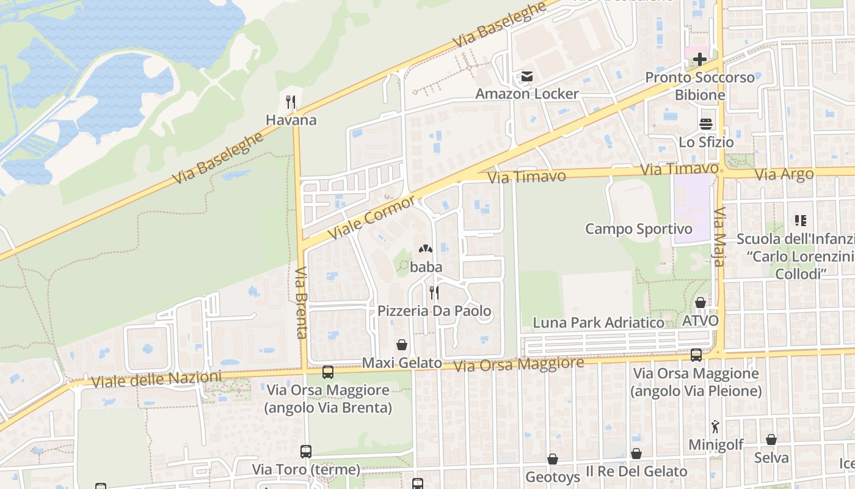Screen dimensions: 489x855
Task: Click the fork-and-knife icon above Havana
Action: point(291,102)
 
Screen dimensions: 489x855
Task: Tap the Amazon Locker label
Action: point(526,94)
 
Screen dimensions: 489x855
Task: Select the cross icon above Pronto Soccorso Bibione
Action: point(700,59)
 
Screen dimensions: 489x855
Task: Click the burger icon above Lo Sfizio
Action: point(707,124)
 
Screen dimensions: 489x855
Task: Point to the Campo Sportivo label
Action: point(639,229)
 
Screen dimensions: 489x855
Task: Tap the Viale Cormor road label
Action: point(371,218)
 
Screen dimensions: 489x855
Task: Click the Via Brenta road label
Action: point(302,303)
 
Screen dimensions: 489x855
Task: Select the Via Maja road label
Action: point(719,237)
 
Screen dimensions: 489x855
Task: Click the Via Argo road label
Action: point(784,174)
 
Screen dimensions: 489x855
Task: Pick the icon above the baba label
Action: point(426,249)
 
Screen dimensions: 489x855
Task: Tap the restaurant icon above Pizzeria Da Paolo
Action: point(434,293)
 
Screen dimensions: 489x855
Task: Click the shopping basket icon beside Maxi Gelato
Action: point(402,345)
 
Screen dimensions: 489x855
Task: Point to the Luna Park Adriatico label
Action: point(598,322)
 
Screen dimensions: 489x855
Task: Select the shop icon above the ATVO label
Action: point(700,303)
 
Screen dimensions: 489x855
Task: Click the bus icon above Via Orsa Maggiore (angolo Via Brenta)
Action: point(328,372)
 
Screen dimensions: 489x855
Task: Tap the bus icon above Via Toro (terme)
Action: point(306,452)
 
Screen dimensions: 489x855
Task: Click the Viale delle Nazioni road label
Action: point(156,379)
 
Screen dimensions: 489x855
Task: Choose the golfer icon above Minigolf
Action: point(715,427)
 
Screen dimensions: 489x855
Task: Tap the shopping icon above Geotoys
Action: point(553,458)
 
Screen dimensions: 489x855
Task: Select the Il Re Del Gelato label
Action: point(636,471)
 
